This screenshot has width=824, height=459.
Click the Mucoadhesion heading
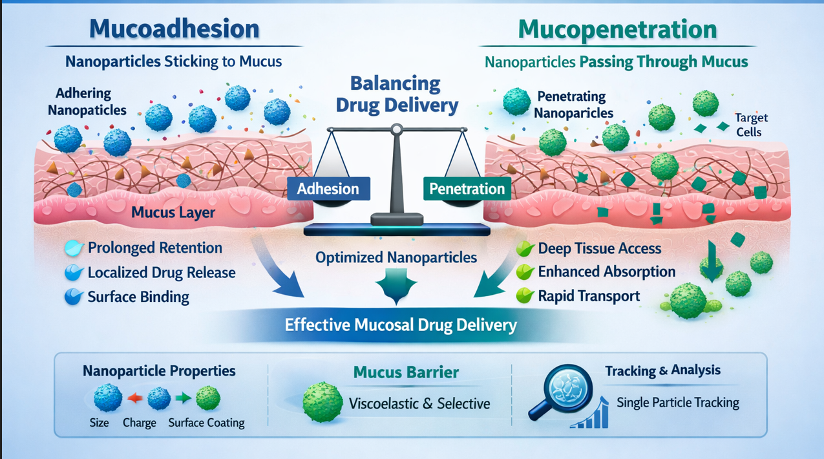[x=174, y=29]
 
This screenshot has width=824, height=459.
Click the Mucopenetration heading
[x=617, y=29]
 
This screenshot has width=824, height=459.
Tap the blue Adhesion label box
[x=328, y=189]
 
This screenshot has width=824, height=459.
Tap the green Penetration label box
[x=467, y=189]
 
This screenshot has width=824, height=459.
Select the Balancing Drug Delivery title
[x=395, y=94]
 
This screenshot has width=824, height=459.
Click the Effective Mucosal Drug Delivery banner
[x=401, y=324]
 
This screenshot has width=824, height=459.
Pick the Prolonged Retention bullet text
[x=154, y=248]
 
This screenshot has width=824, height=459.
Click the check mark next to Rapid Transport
[x=525, y=296]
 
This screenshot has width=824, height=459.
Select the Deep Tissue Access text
[x=599, y=248]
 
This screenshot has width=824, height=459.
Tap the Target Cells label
[x=751, y=125]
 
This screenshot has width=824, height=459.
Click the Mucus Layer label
[x=173, y=212]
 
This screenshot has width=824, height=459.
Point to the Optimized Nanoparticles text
[x=396, y=257]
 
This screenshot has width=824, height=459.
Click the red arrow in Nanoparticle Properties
[x=134, y=398]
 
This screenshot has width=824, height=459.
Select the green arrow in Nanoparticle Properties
[x=184, y=398]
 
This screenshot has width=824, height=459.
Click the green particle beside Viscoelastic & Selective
[x=322, y=402]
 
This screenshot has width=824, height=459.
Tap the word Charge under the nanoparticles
[x=139, y=423]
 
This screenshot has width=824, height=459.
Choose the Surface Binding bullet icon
[x=74, y=297]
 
